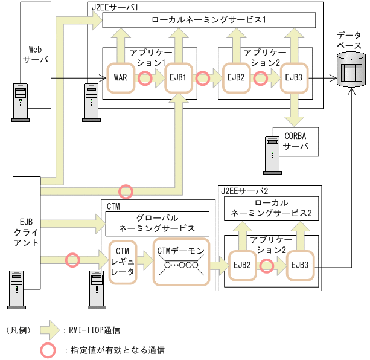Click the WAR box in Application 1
[120, 77]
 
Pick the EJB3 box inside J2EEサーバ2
[300, 264]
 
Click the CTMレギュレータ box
[123, 262]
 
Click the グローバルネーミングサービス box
[157, 223]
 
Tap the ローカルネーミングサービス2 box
[271, 208]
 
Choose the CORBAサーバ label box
[295, 141]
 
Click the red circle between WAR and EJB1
[145, 78]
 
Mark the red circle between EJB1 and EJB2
[203, 78]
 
